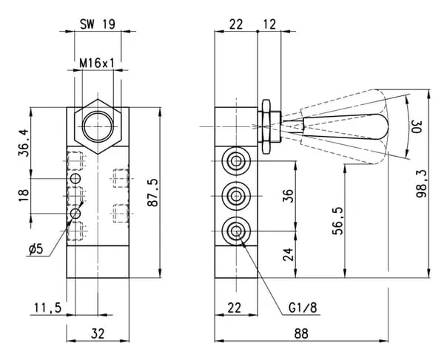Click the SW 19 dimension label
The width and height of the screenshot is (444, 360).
98,24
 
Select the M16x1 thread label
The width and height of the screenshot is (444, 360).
97,63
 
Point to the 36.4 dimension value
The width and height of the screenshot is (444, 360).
24,143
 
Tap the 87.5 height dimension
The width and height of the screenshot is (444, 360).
153,193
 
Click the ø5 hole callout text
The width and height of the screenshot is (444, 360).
36,249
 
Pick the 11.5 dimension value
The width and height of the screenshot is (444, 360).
48,308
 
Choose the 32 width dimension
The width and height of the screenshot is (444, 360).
98,333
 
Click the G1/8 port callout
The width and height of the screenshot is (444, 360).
303,308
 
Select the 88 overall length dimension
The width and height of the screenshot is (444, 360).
301,333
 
